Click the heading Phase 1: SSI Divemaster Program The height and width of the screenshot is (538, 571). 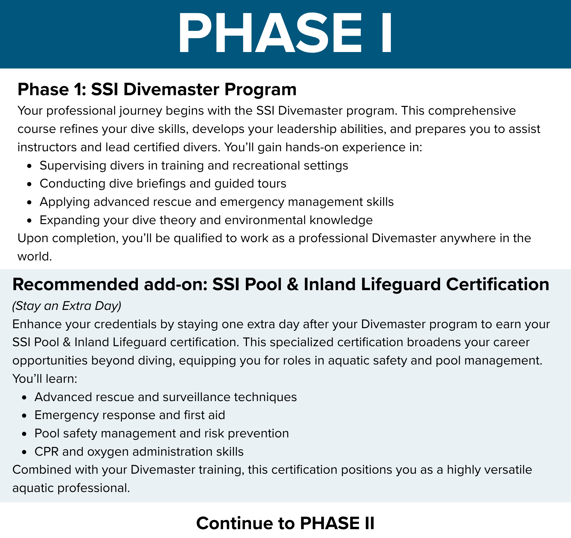pos(157,89)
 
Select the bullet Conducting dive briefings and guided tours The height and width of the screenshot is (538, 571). pos(163,184)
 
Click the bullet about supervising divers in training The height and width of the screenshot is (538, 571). pos(194,166)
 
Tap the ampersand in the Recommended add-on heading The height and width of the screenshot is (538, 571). pos(293,285)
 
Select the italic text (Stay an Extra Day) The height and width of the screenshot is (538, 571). pos(67,306)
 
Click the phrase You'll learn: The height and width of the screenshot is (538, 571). pos(45,379)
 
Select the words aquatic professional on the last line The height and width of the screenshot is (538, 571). pos(71,488)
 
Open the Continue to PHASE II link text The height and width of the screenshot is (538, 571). pos(285,523)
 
